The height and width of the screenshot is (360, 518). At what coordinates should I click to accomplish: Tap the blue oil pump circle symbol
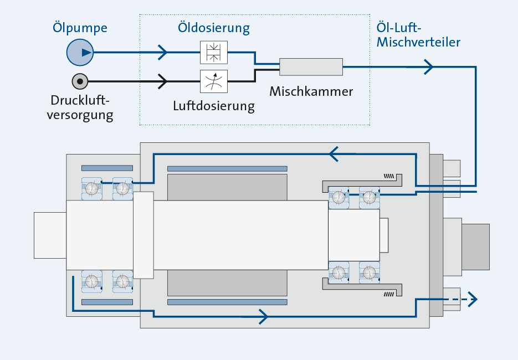tap(80, 53)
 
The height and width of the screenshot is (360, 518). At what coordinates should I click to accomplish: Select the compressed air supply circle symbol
tap(80, 81)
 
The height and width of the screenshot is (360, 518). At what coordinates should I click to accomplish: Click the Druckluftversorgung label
tap(81, 108)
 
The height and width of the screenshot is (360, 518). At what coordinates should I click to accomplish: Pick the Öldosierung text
tap(213, 27)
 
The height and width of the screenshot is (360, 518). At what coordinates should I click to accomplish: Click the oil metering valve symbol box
tap(213, 53)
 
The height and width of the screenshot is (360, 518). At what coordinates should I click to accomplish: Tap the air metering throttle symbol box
tap(213, 81)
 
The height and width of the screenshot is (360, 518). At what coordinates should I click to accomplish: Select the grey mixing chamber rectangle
tap(311, 67)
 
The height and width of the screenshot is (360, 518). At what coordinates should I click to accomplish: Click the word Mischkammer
tap(311, 92)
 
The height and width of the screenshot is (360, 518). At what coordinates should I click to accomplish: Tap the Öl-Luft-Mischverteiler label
tap(418, 34)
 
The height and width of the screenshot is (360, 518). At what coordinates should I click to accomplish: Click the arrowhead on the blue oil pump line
tap(162, 53)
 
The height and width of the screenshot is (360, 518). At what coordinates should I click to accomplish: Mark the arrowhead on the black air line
tap(162, 81)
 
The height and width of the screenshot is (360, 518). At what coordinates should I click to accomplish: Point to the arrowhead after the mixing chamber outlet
tap(428, 67)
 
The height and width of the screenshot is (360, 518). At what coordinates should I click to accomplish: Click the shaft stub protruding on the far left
tap(50, 235)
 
